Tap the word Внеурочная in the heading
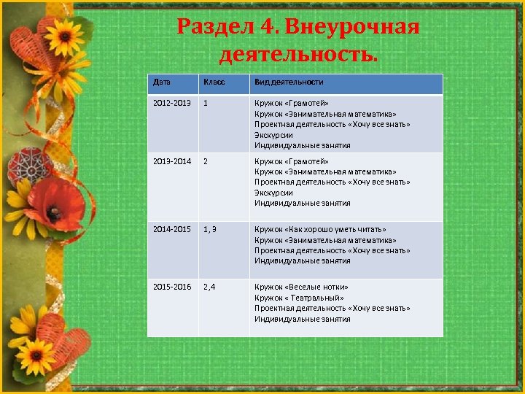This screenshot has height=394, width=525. point(352,28)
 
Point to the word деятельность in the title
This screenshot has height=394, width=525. point(297,55)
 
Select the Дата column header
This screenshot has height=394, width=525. point(161,82)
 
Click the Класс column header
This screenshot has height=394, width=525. point(214,82)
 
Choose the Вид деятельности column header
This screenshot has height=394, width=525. point(289,82)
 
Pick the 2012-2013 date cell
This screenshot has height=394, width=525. point(171,104)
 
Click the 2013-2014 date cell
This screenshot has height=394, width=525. point(171,161)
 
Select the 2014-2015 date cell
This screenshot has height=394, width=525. point(171,230)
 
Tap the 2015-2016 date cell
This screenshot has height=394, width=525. point(171,287)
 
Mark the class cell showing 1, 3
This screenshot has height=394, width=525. point(210,230)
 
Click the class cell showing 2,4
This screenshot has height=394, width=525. point(209,287)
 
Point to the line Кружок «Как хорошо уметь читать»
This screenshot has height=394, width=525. point(320,230)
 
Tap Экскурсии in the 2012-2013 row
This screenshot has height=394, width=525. point(273,135)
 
